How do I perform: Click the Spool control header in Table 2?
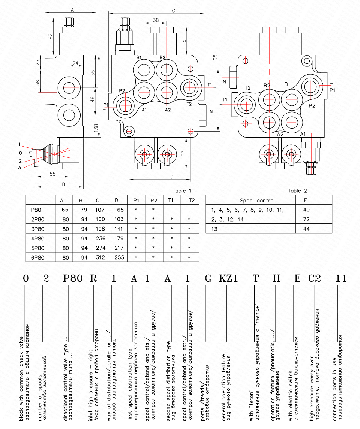point(257,200)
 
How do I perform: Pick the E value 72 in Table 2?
point(306,219)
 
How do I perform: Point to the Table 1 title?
point(182,190)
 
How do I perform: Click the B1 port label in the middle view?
point(139,57)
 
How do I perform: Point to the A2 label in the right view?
point(280,134)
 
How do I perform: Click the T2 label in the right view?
point(247,88)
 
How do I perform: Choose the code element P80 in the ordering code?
point(72,278)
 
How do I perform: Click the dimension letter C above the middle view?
point(173,10)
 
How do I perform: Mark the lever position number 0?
point(21,153)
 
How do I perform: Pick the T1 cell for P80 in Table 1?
point(172,210)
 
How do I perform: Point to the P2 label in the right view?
point(312,106)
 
